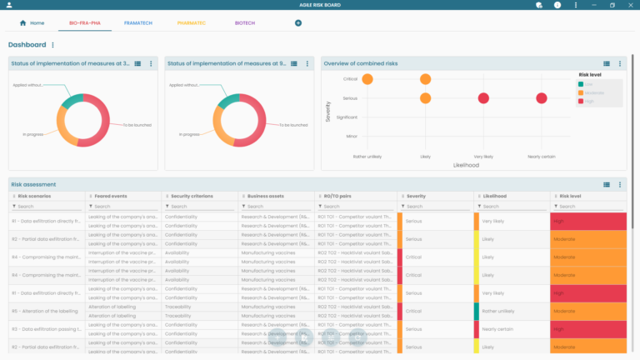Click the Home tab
point(32,22)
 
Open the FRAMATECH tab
point(137,22)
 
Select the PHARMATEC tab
point(192,22)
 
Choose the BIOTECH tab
point(245,22)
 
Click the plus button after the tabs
point(298,22)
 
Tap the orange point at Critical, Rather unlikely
point(367,79)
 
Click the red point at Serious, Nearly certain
point(542,98)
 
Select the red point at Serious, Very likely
point(483,98)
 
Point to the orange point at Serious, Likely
point(425,98)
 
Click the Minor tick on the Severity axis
point(352,136)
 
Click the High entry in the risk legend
point(588,101)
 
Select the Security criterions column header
point(190,196)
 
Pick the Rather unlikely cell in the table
point(499,311)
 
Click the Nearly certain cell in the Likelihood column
point(499,329)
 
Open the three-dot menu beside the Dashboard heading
point(53,45)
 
